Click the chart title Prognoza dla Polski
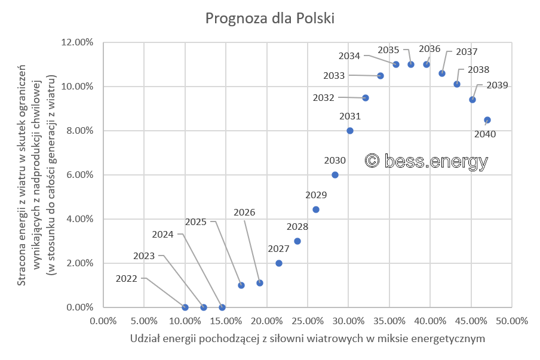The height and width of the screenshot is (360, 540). pos(270,19)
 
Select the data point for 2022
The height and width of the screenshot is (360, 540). pos(185,307)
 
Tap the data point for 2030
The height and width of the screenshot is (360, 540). pos(335,175)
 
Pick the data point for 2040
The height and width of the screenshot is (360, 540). pos(487,120)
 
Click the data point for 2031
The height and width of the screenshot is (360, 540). pos(350,131)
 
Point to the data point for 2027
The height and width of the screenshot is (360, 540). pos(279,263)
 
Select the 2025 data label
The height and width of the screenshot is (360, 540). pos(196,221)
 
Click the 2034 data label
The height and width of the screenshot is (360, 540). pos(349,56)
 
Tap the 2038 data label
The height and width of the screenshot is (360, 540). pos(478,69)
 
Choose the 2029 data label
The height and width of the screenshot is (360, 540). pos(316,195)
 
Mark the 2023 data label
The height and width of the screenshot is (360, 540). pos(144,256)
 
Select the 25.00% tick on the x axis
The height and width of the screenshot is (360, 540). pos(307,321)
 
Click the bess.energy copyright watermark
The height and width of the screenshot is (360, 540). pos(427,161)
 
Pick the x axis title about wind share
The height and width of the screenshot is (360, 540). pos(307,339)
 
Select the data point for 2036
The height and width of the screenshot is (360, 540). pos(427,64)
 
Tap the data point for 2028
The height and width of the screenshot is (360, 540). pos(297,241)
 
